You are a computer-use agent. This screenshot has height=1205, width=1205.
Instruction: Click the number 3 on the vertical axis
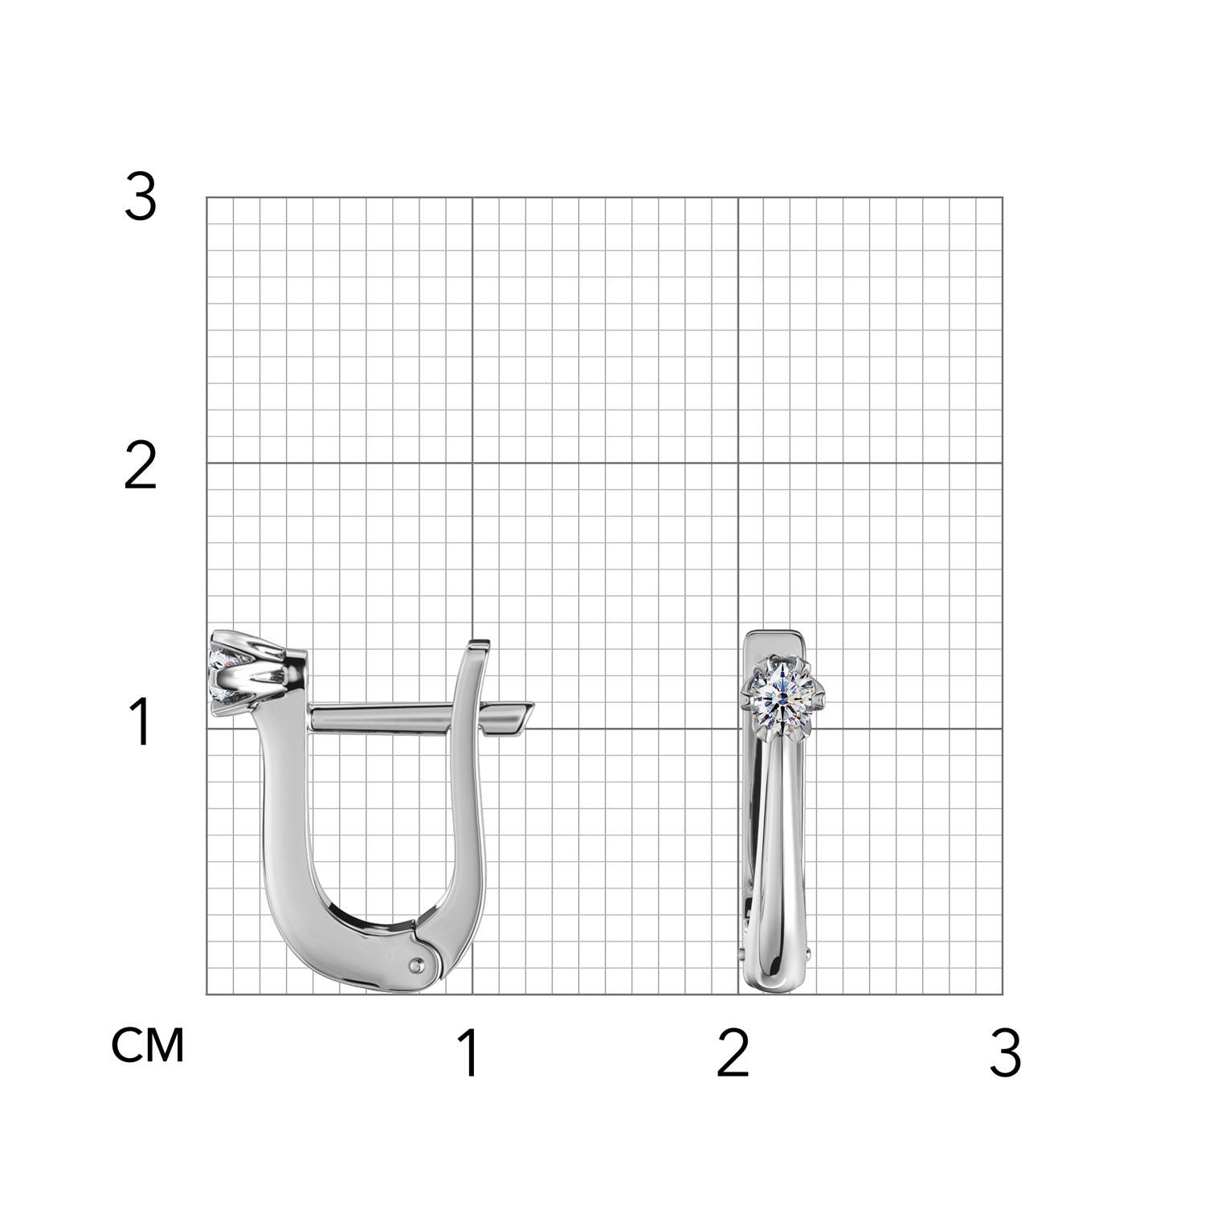point(140,198)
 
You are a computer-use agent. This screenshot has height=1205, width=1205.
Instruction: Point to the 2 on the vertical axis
point(140,467)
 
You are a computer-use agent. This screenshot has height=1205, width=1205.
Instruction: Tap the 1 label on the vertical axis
point(141,722)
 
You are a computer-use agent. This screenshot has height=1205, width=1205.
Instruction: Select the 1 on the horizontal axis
point(469,1053)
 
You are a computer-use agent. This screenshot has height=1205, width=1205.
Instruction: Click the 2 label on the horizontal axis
point(733,1053)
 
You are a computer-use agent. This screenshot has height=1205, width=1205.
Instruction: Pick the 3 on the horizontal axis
point(1005,1053)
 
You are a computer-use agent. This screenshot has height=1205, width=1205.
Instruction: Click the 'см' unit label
point(148,1045)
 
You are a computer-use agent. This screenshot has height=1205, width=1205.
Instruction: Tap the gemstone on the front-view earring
point(783,696)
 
